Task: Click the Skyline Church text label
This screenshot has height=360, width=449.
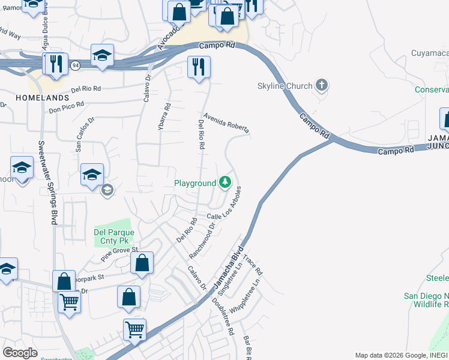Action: click(x=285, y=86)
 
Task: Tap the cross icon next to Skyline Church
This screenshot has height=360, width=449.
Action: click(x=322, y=85)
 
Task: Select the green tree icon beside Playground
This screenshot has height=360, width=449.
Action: click(x=225, y=182)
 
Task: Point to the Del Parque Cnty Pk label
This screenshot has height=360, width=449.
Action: click(x=114, y=236)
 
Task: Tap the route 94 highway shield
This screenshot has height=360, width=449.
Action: click(x=75, y=65)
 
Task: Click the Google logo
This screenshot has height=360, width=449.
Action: click(x=20, y=353)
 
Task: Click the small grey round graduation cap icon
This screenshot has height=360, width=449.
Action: click(x=107, y=191)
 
